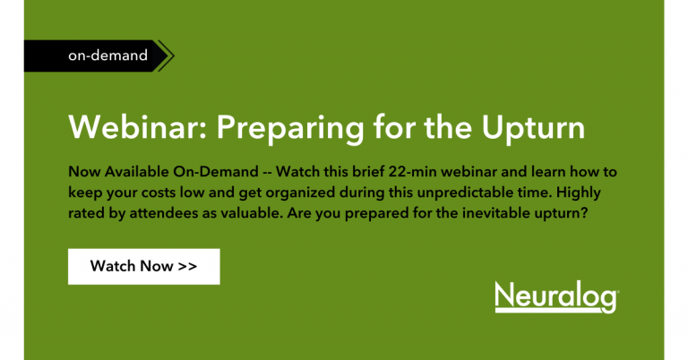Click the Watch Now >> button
point(144,267)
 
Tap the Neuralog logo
point(557,296)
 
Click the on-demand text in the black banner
point(107,56)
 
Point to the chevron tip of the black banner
point(174,56)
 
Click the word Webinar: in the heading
point(138,127)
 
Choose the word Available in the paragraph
point(136,171)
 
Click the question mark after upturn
point(584,213)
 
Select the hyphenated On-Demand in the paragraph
point(216,171)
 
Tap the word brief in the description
point(368,171)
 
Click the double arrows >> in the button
point(187,266)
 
